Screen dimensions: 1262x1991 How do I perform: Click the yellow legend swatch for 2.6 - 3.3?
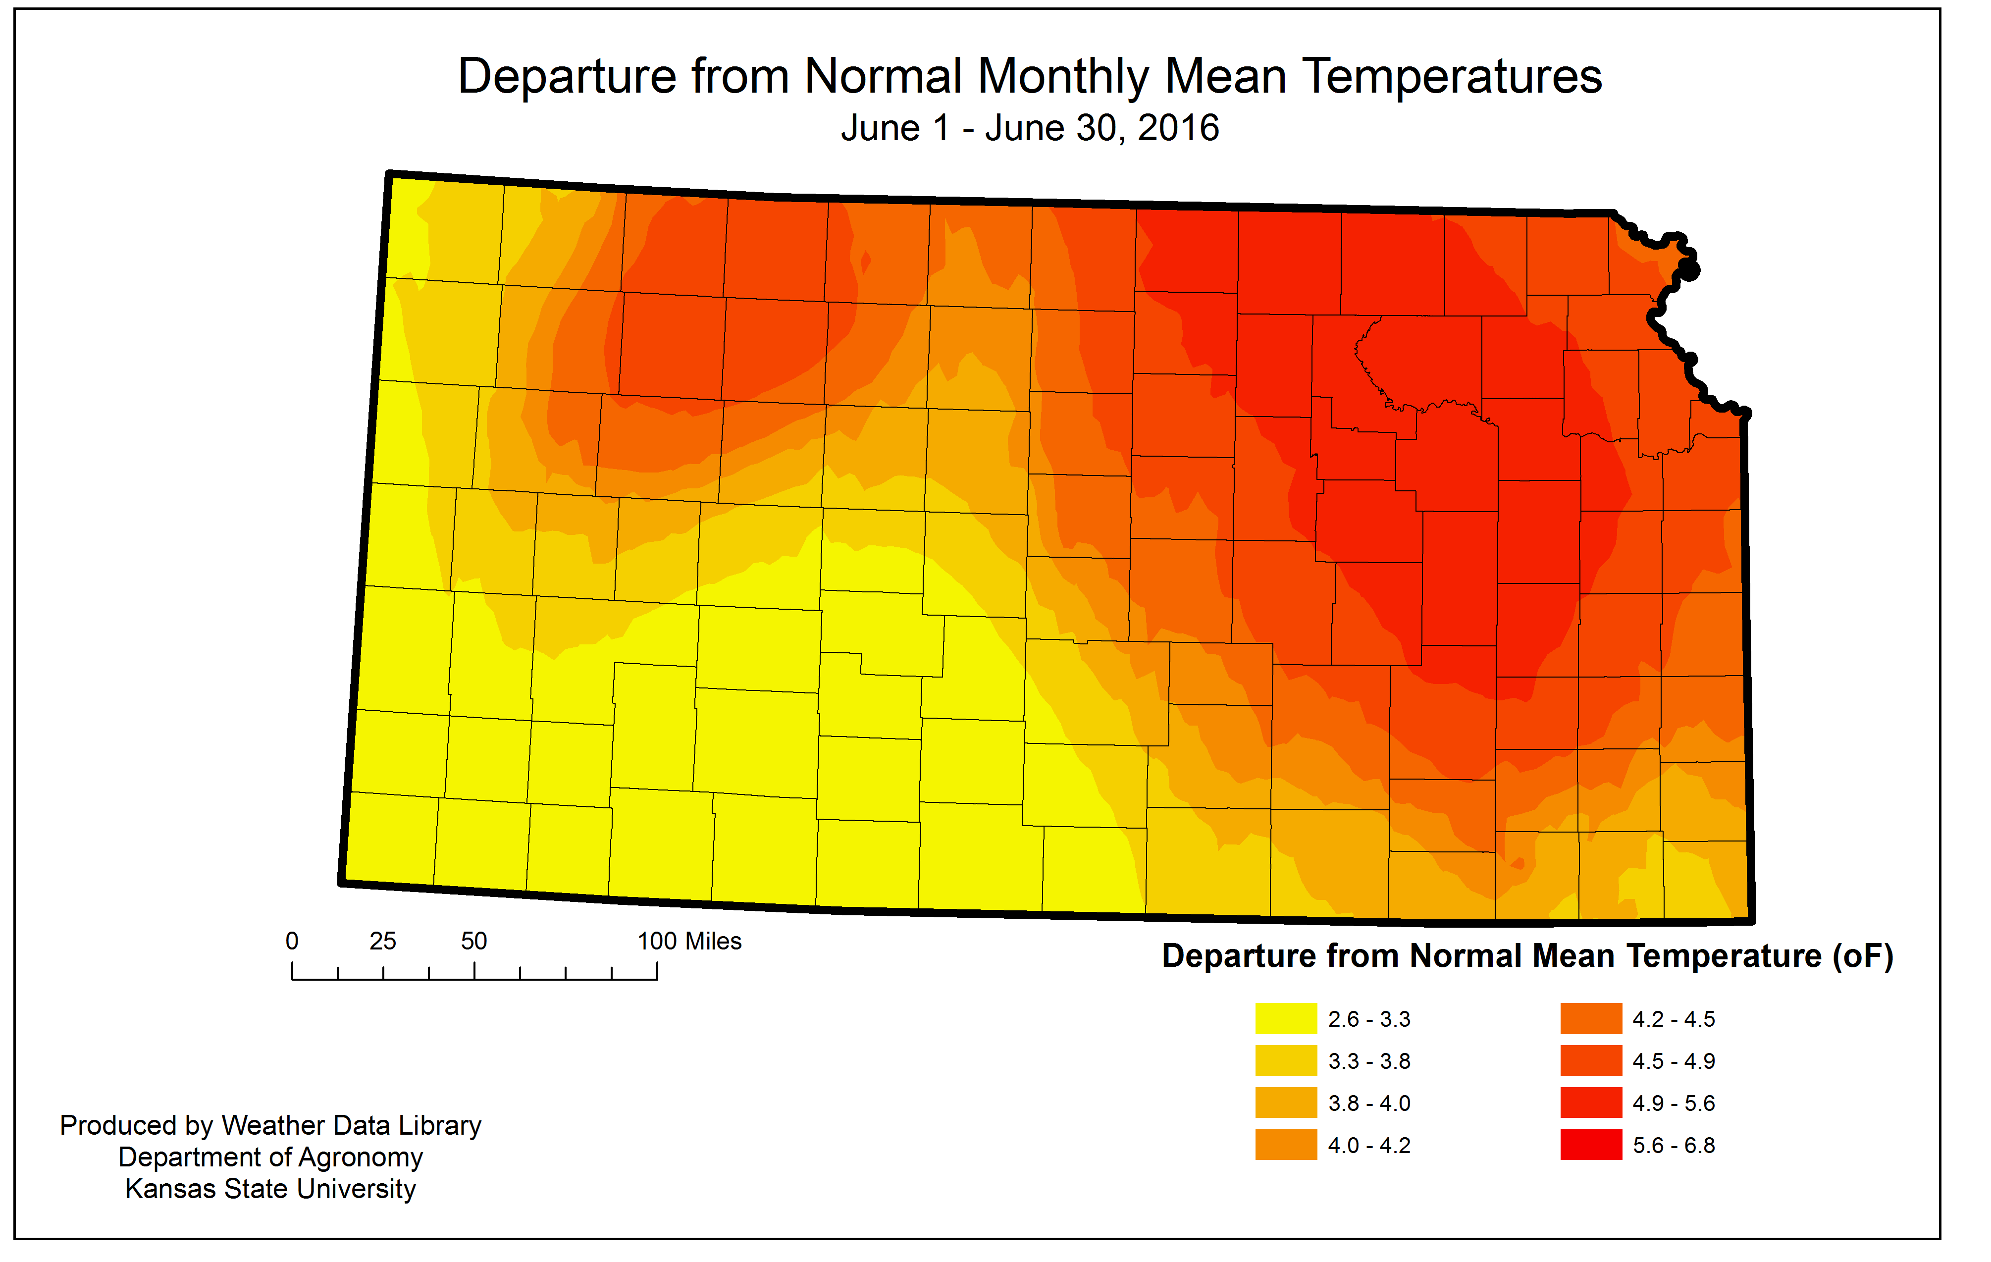point(1286,1018)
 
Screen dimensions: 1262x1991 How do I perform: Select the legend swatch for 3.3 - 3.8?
point(1286,1060)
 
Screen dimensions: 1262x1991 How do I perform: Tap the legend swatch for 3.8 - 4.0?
point(1286,1103)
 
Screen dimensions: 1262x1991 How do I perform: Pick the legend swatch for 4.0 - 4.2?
point(1286,1145)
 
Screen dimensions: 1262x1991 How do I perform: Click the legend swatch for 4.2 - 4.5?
point(1591,1018)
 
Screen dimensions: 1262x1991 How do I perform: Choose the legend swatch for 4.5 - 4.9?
point(1591,1060)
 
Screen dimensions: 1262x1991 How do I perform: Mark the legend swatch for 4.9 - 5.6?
point(1591,1103)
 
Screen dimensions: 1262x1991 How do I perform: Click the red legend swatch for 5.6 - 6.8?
point(1591,1145)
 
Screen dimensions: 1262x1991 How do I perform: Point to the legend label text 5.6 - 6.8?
point(1674,1146)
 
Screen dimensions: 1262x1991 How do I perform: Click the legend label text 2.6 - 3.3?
point(1369,1019)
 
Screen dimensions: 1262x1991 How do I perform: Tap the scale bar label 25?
point(383,941)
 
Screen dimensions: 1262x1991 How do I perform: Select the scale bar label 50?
point(474,941)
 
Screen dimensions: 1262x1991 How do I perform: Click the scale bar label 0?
point(292,941)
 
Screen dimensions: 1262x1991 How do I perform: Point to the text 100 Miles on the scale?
point(689,941)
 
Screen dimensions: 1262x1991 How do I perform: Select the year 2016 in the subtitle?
point(1177,128)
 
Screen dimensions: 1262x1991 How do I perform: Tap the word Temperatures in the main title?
point(1452,77)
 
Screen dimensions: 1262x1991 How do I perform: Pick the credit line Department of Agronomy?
point(270,1157)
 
